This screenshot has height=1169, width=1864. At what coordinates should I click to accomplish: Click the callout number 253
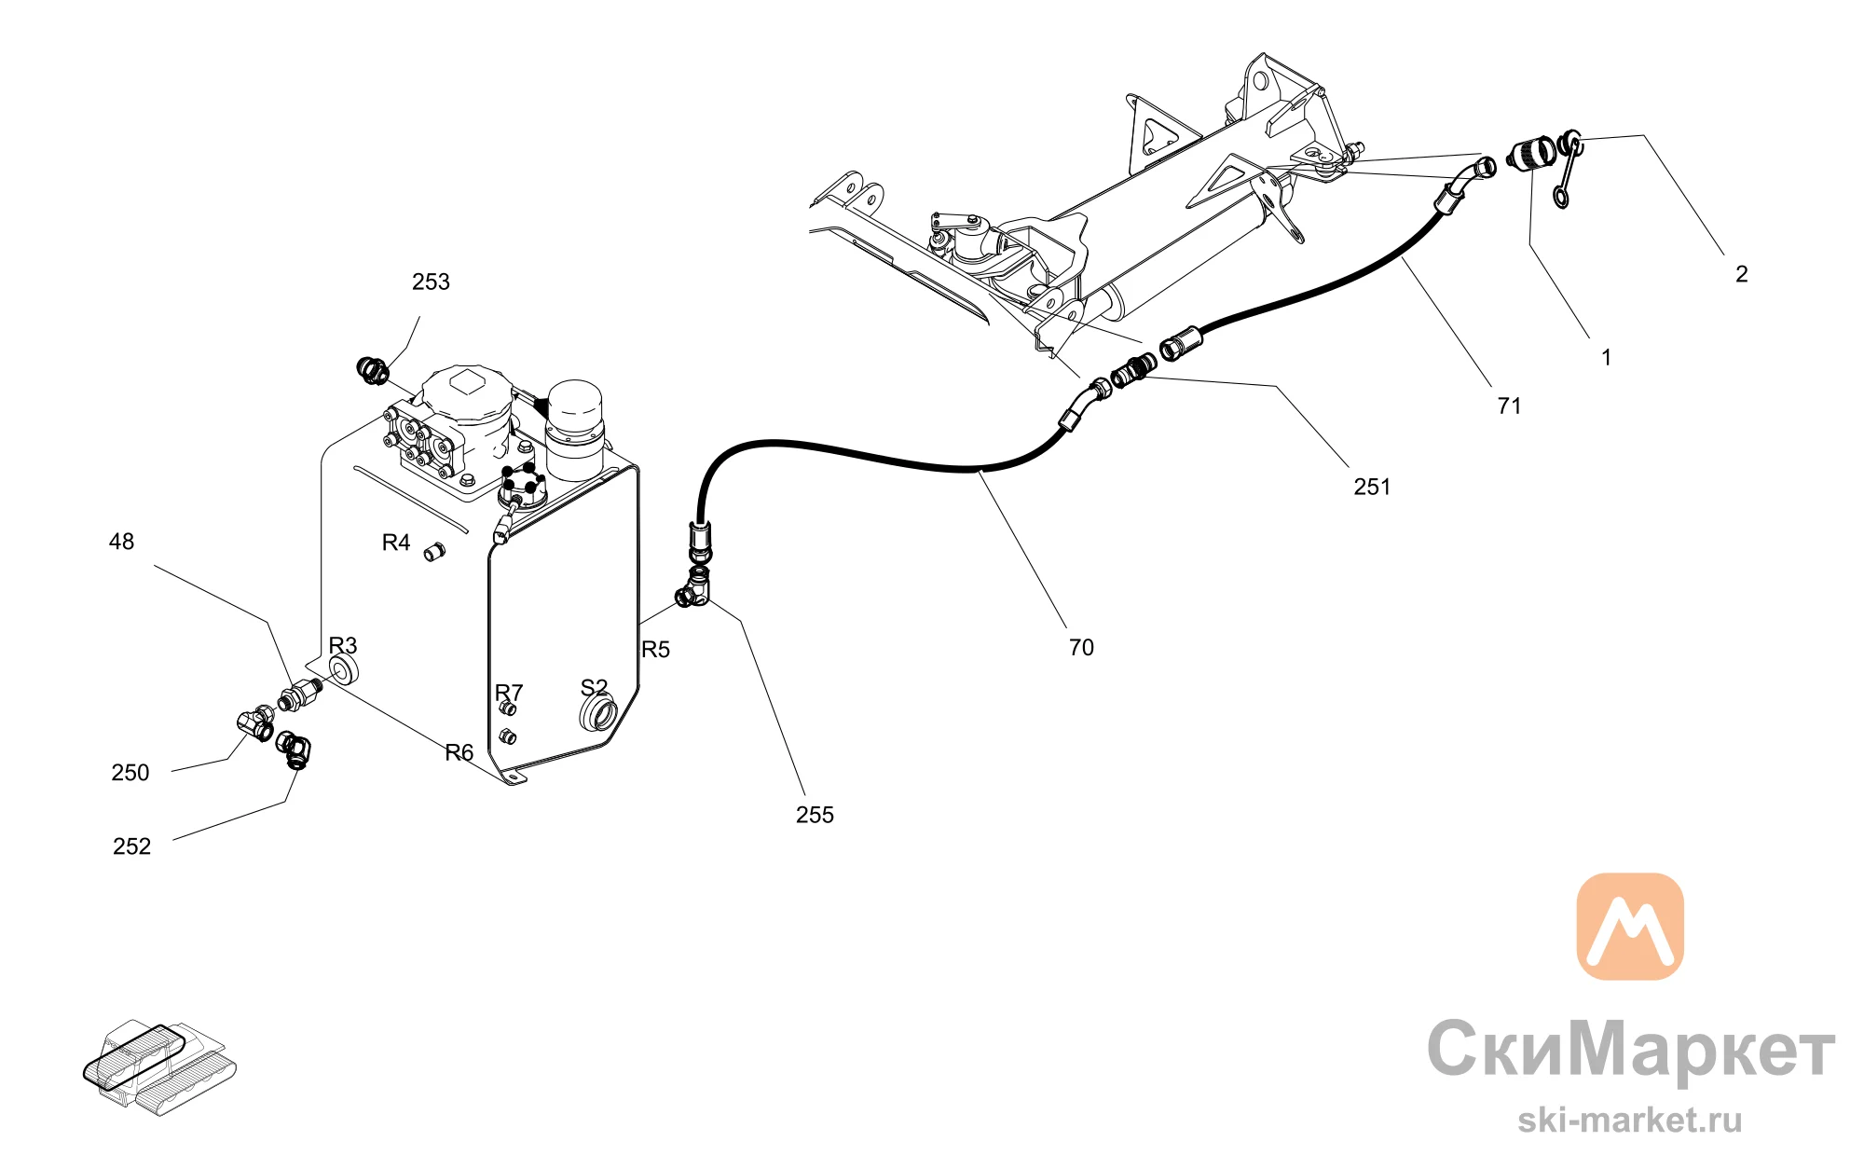tap(431, 282)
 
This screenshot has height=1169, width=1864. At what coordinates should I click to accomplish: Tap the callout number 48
tap(121, 542)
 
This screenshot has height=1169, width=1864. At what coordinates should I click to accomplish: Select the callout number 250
tap(130, 773)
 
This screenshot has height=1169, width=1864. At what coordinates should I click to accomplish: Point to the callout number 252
tap(131, 846)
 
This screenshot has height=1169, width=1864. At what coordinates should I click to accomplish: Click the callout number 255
tap(815, 815)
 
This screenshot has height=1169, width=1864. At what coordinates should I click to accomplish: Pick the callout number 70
tap(1081, 647)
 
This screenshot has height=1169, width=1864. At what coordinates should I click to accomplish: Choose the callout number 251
tap(1372, 487)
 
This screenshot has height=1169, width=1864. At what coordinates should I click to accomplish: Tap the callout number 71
tap(1509, 406)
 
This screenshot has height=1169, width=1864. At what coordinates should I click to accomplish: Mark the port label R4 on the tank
tap(396, 543)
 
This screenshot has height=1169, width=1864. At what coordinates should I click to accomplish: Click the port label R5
tap(655, 650)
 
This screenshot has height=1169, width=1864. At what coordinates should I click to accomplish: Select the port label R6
tap(459, 752)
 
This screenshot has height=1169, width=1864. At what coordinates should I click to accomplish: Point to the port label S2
tap(594, 688)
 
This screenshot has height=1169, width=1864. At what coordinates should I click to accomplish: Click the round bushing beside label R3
tap(344, 669)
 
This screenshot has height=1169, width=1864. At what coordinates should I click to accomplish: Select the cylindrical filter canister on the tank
tap(574, 430)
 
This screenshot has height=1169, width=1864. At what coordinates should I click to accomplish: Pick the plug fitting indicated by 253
tap(373, 370)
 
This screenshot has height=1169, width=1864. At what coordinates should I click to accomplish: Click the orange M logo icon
tap(1630, 926)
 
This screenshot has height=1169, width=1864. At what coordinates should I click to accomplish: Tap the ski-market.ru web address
tap(1630, 1120)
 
